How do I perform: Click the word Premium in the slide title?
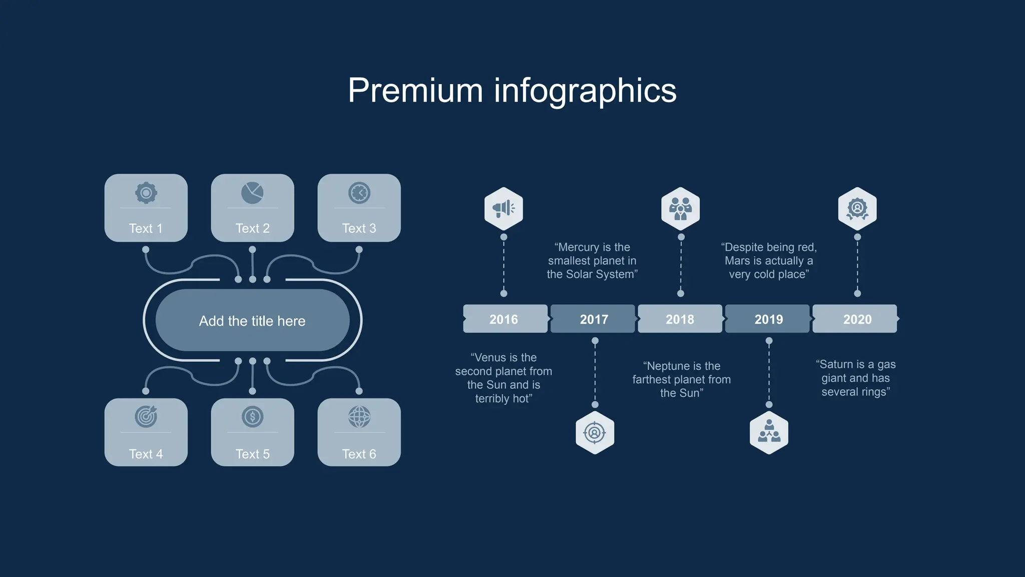pyautogui.click(x=415, y=91)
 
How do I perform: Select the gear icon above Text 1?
pyautogui.click(x=146, y=193)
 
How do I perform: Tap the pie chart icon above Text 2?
pyautogui.click(x=252, y=193)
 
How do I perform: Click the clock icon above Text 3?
pyautogui.click(x=359, y=193)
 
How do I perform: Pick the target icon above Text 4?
pyautogui.click(x=146, y=416)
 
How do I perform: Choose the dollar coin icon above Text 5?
pyautogui.click(x=252, y=416)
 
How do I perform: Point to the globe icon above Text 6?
pyautogui.click(x=359, y=416)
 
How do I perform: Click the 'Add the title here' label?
pyautogui.click(x=252, y=321)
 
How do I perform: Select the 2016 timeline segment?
pyautogui.click(x=504, y=319)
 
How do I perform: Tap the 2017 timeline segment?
pyautogui.click(x=594, y=319)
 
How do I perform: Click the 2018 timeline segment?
pyautogui.click(x=680, y=319)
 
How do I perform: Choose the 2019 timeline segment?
pyautogui.click(x=768, y=319)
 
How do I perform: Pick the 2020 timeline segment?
pyautogui.click(x=857, y=319)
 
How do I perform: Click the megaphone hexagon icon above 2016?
pyautogui.click(x=503, y=208)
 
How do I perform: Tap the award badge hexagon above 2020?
pyautogui.click(x=857, y=208)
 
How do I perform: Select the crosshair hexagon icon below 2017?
pyautogui.click(x=595, y=433)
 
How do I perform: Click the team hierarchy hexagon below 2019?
pyautogui.click(x=769, y=433)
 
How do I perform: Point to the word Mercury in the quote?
pyautogui.click(x=579, y=247)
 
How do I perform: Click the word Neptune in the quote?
pyautogui.click(x=669, y=366)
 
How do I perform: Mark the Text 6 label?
pyautogui.click(x=359, y=454)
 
